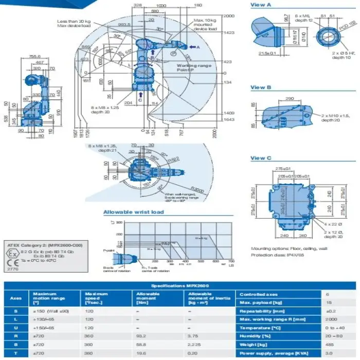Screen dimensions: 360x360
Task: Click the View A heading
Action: pyautogui.click(x=261, y=5)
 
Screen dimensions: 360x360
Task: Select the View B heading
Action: pyautogui.click(x=261, y=87)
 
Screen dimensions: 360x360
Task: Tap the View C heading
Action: pyautogui.click(x=261, y=158)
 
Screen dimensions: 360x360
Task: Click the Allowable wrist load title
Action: pyautogui.click(x=133, y=212)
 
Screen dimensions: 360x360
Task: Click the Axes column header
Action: pyautogui.click(x=16, y=298)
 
